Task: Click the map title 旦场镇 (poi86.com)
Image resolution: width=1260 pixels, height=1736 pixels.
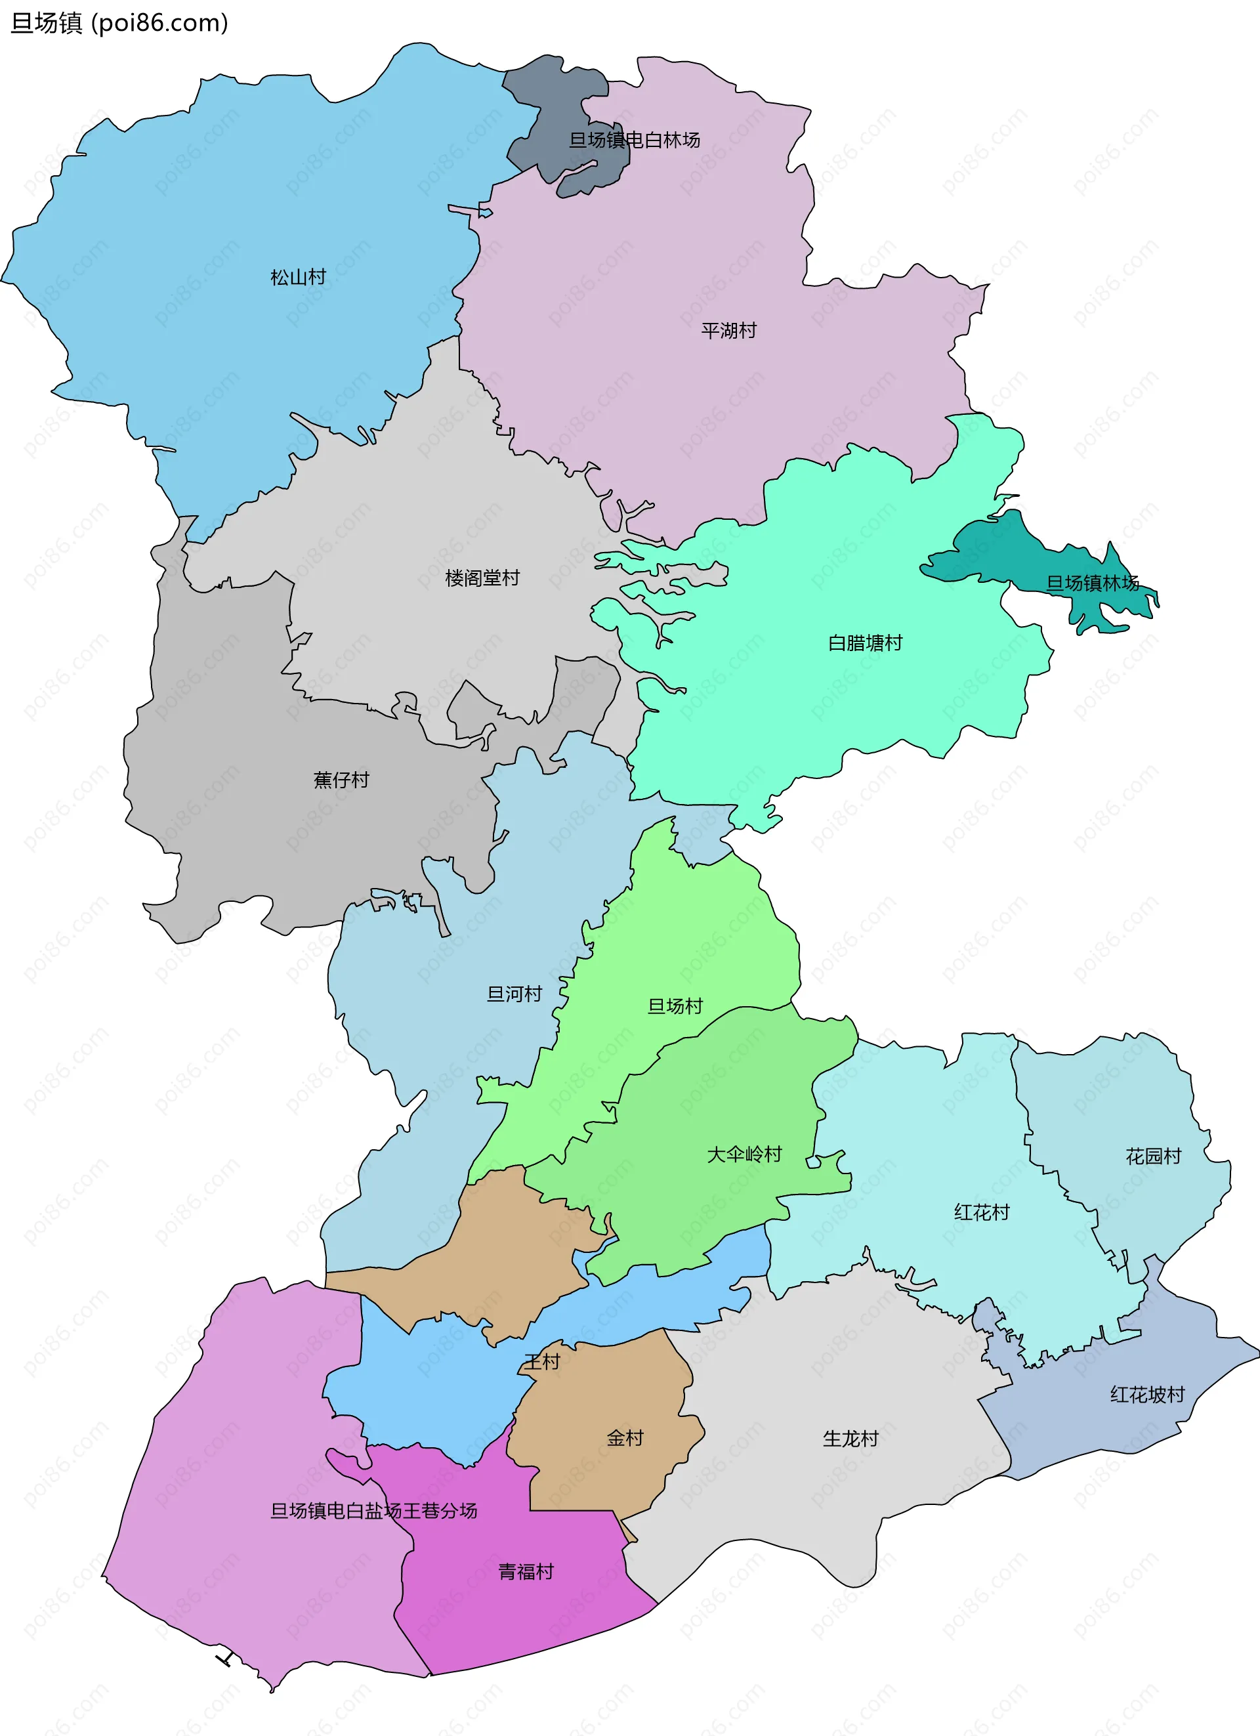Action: tap(119, 23)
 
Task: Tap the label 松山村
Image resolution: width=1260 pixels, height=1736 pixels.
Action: tap(298, 277)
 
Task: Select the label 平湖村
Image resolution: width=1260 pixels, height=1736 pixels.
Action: tap(728, 331)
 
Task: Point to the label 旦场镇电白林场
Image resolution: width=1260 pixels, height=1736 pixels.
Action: tap(634, 140)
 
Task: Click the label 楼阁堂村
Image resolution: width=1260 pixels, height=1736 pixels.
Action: tap(482, 578)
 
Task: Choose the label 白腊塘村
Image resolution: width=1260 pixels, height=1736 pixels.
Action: tap(865, 643)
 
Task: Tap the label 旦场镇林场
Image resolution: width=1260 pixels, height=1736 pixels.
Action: tap(1093, 583)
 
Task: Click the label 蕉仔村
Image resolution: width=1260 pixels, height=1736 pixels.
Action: tap(341, 780)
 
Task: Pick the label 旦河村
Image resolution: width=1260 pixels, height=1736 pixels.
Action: tap(514, 994)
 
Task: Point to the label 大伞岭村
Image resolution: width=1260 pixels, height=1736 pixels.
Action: tap(744, 1154)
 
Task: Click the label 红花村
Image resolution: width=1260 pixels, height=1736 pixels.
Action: tap(981, 1212)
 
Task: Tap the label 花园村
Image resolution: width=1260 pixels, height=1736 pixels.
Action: tap(1153, 1156)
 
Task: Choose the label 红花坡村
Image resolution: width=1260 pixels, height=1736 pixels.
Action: tap(1146, 1395)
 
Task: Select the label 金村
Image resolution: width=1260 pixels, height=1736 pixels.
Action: tap(625, 1438)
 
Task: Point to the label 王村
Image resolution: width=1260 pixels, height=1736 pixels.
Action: tap(542, 1362)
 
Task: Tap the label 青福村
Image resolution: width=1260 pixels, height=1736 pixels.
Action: tap(526, 1572)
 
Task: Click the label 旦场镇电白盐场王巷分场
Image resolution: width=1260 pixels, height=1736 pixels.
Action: tap(373, 1511)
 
